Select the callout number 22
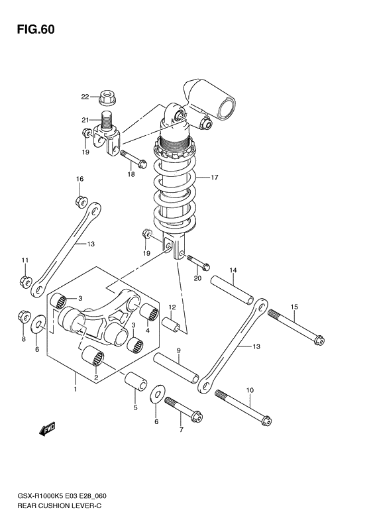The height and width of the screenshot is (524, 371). tap(85, 97)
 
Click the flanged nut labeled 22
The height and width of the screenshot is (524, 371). tap(106, 99)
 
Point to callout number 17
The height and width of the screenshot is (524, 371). tap(215, 177)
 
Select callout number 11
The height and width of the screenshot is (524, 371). tap(24, 259)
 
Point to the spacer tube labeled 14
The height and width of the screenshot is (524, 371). tap(232, 291)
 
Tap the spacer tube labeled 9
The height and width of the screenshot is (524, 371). tap(177, 368)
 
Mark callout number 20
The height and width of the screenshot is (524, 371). tap(196, 279)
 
